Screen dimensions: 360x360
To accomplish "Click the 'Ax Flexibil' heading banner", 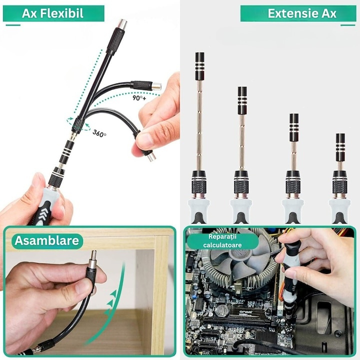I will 53,13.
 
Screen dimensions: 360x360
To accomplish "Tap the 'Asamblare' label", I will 46,240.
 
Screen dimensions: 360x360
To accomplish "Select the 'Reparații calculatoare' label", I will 222,241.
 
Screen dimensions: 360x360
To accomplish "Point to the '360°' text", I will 99,133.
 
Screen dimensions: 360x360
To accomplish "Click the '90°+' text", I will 139,98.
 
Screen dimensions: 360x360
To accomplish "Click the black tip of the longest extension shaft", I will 199,66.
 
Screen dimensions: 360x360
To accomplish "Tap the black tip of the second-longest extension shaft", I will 242,100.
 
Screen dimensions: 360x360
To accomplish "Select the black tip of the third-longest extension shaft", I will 294,127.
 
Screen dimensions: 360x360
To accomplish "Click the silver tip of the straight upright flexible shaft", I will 121,24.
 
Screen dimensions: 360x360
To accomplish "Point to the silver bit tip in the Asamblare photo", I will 93,256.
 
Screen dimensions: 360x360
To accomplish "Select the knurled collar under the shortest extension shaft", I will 340,186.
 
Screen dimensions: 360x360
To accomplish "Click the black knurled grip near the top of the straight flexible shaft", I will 114,40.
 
